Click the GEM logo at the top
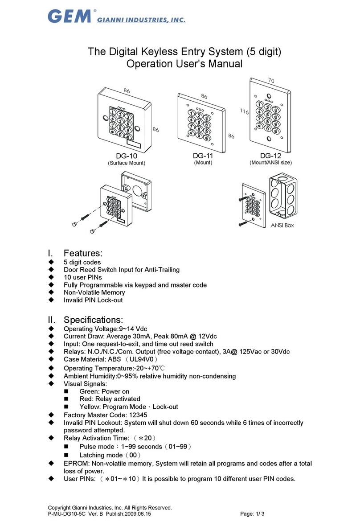click(70, 16)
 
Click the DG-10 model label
click(127, 156)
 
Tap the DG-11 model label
click(203, 155)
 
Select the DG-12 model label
click(271, 155)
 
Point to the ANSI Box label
click(282, 226)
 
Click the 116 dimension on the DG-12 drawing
click(244, 111)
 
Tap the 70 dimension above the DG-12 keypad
click(271, 81)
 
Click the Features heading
click(83, 253)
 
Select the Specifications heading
click(94, 319)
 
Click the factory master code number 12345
click(138, 415)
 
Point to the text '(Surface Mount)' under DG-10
click(127, 163)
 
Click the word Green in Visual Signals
click(90, 391)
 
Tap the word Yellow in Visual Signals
click(90, 407)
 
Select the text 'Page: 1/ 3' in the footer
click(253, 514)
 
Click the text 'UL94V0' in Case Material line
click(141, 359)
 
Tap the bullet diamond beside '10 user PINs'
click(51, 277)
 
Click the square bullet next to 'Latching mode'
click(66, 455)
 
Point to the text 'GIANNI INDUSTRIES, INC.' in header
click(141, 20)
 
